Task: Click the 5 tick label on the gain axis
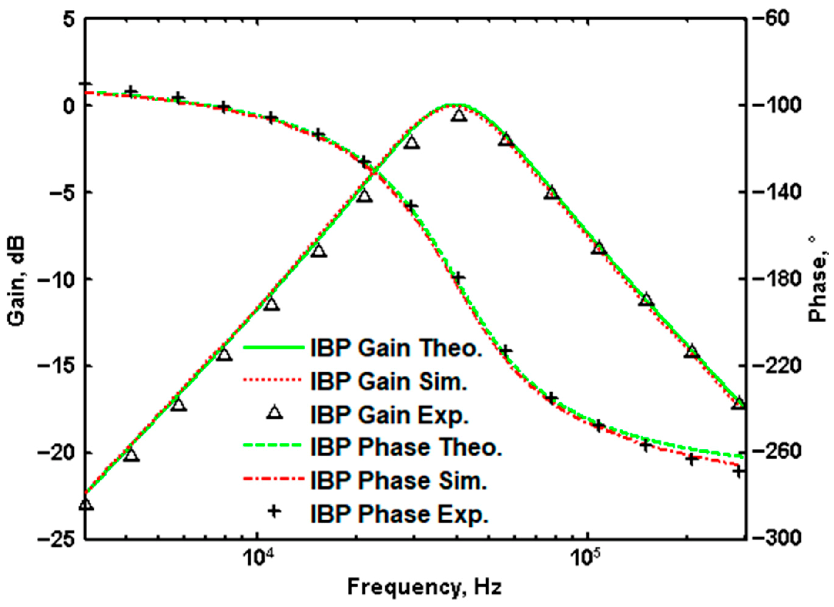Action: pyautogui.click(x=69, y=20)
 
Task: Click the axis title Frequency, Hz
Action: pyautogui.click(x=425, y=587)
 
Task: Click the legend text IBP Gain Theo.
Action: pyautogui.click(x=396, y=348)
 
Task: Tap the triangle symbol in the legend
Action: pyautogui.click(x=274, y=413)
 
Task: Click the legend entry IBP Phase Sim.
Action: pyautogui.click(x=398, y=480)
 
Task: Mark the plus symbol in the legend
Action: pyautogui.click(x=274, y=511)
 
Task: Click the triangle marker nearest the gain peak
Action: pyautogui.click(x=459, y=115)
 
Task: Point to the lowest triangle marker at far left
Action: pyautogui.click(x=86, y=505)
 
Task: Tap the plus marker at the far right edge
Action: pyautogui.click(x=738, y=471)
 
